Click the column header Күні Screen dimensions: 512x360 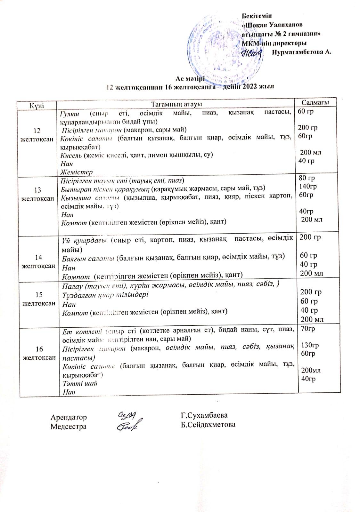point(37,105)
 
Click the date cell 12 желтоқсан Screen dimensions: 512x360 point(37,135)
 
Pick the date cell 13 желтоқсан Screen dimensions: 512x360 point(37,194)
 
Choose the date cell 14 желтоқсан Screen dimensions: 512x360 point(38,261)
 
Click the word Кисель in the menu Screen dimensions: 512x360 point(70,155)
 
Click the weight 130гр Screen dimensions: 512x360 point(310,345)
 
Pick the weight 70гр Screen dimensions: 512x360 point(306,329)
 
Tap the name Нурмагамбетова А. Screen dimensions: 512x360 point(301,52)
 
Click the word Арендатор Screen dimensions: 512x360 point(69,417)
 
